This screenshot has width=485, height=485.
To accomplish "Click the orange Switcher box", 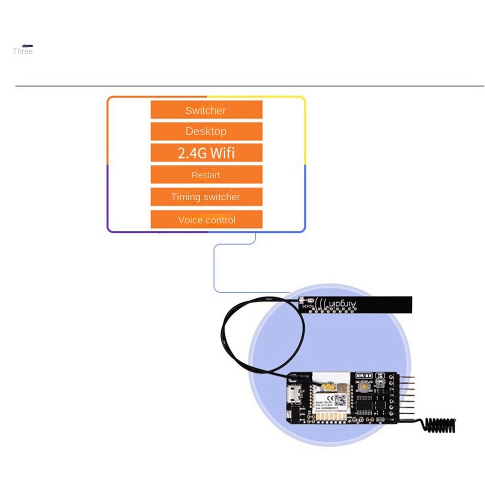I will point(206,110).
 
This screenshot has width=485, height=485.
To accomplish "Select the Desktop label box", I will point(206,131).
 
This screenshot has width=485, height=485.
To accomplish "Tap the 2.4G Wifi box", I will point(206,153).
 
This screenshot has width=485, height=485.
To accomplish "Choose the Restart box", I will point(206,175).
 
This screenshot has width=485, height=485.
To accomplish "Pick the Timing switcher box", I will point(206,197).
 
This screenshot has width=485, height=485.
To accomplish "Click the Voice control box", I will point(206,220).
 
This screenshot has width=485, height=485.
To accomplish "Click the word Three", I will point(23,51).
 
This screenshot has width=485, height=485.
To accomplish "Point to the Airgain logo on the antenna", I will point(339,304).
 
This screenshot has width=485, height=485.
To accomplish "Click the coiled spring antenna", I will point(439,425).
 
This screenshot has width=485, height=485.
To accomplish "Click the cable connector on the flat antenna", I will point(302,300).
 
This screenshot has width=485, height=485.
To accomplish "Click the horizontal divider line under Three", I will point(242,86).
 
